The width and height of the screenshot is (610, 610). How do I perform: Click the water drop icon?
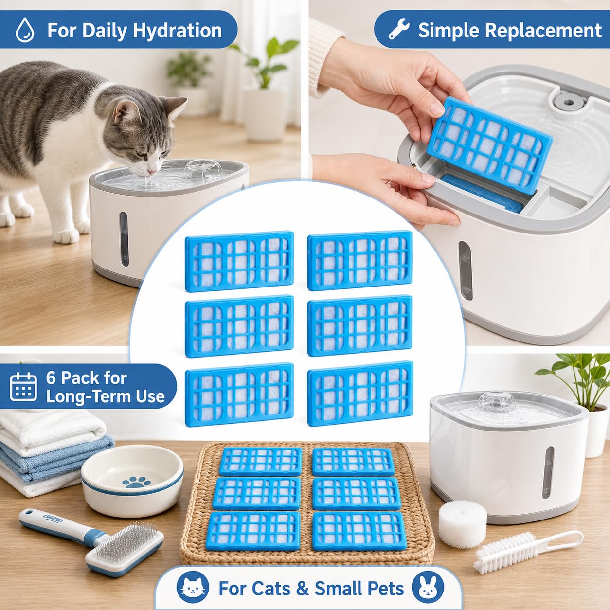[25, 30]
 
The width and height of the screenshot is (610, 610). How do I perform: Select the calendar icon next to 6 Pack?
[23, 387]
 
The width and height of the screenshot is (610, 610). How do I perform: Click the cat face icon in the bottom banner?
[193, 579]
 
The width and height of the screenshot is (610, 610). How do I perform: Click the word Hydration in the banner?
[177, 31]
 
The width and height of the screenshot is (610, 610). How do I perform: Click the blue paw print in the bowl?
[136, 482]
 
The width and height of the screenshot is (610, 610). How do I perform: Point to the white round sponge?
[462, 524]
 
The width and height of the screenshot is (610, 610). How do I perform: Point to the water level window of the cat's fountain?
[124, 239]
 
